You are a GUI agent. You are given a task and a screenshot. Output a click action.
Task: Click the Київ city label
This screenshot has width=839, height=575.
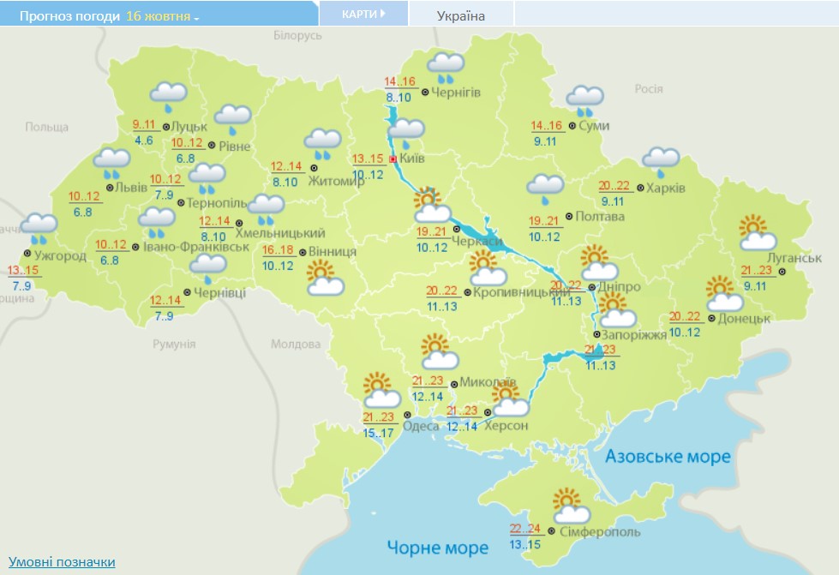coord(412,159)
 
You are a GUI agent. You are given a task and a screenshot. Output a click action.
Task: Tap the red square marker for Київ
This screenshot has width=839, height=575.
coord(393,159)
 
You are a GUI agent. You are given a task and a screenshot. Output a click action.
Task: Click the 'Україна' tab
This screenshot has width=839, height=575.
coord(461,15)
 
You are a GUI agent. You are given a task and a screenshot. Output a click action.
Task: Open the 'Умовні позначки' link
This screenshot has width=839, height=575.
coord(62,561)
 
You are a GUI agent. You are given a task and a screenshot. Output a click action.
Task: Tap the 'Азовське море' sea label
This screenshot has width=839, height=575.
coord(668,456)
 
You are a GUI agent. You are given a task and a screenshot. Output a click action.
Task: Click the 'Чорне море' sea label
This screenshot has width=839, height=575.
coord(437,547)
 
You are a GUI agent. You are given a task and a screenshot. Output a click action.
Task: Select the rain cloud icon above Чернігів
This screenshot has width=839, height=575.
coord(446,66)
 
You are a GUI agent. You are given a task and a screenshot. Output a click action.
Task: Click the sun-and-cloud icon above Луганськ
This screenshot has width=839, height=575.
coord(758,232)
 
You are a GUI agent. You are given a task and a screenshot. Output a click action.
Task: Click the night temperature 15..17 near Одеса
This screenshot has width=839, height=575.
coord(378,434)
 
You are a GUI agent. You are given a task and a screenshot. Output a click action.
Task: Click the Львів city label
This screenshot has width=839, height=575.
coord(127,188)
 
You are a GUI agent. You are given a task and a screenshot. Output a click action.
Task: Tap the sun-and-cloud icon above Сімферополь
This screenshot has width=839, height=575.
coord(570,506)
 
